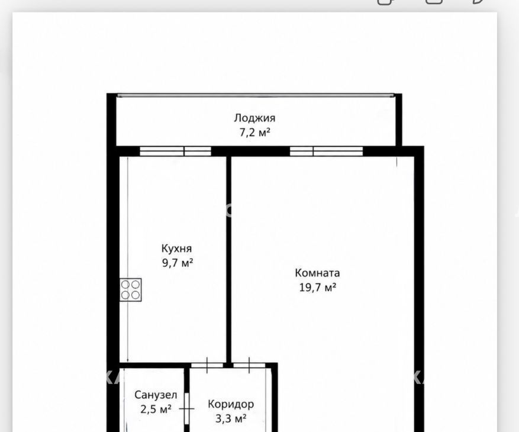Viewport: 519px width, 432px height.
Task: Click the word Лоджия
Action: (254, 118)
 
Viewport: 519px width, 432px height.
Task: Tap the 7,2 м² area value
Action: (255, 133)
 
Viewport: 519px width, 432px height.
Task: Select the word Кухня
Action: (176, 249)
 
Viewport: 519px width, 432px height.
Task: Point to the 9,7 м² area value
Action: (178, 263)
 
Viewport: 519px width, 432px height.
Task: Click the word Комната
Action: (317, 273)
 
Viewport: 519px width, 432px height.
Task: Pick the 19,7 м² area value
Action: (318, 288)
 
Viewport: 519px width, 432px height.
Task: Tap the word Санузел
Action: (156, 395)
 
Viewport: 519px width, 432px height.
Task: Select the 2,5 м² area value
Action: (156, 409)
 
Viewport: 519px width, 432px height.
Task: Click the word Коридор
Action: (231, 404)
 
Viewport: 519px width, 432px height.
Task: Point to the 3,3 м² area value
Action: (231, 419)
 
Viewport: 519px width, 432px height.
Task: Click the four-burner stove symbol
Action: (130, 289)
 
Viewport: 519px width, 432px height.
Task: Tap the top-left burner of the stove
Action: (125, 285)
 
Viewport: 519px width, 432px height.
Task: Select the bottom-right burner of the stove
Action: (136, 295)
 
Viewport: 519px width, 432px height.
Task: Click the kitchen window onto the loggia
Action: (175, 151)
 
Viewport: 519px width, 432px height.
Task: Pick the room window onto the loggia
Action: (326, 151)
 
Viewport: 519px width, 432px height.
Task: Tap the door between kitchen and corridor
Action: (207, 366)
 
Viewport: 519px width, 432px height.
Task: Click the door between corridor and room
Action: (249, 366)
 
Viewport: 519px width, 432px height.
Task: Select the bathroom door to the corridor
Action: (186, 409)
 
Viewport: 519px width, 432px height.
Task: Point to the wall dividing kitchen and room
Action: (228, 260)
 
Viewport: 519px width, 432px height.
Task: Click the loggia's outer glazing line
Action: (256, 96)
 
